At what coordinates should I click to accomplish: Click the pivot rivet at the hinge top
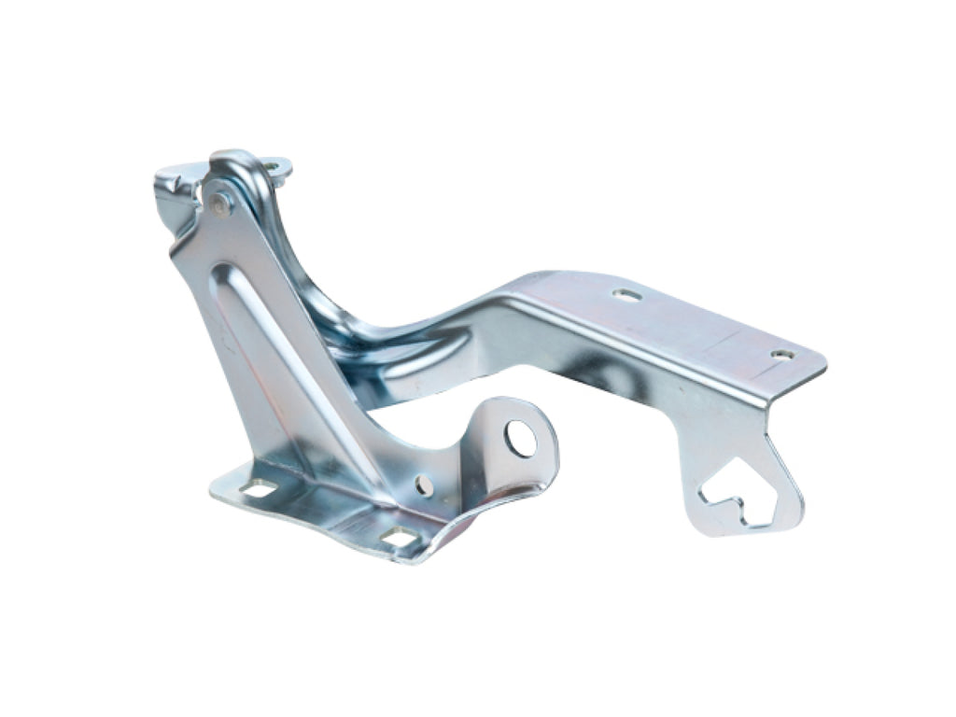[219, 203]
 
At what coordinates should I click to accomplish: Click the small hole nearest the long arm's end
[782, 355]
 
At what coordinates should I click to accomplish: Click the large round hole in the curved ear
[520, 438]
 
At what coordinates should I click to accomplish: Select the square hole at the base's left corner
[259, 487]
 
